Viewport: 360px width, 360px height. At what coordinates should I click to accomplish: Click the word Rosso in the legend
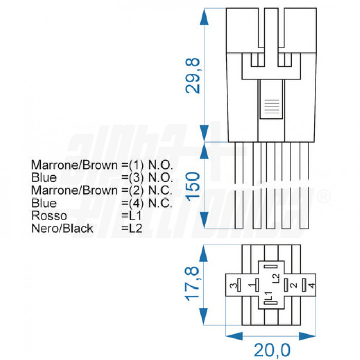click(49, 215)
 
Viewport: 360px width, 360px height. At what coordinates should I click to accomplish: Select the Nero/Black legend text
click(62, 228)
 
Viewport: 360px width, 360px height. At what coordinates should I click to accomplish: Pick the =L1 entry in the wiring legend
click(132, 215)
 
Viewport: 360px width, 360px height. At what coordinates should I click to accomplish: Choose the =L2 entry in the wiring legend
click(132, 228)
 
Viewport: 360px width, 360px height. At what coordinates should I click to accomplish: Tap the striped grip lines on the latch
click(271, 107)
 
